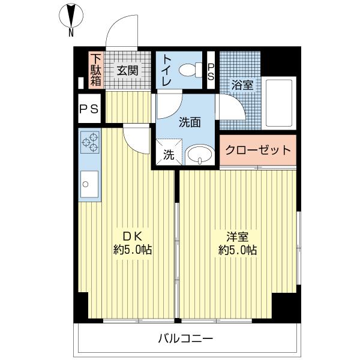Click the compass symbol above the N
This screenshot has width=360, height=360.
point(71,16)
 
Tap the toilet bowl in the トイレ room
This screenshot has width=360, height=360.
point(191,70)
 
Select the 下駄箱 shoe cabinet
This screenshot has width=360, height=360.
point(95,70)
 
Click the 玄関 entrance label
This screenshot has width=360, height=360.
point(127,70)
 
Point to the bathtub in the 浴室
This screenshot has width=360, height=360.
point(279,103)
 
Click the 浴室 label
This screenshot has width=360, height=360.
point(242,85)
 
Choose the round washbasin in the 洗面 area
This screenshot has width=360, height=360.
point(200,155)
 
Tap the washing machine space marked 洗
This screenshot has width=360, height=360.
point(169,152)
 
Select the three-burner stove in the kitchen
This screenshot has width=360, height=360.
point(90,142)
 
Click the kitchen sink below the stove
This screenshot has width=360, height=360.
point(89,184)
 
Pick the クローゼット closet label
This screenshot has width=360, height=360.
point(258,150)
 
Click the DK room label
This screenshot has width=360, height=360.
point(133,236)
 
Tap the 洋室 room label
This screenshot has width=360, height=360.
point(238,237)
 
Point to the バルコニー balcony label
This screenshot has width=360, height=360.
point(186,338)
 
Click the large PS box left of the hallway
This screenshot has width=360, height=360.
point(89,109)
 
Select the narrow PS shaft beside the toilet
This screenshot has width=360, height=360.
point(211,70)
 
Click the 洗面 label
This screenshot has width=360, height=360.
point(190,122)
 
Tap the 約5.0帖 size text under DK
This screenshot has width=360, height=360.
point(133,250)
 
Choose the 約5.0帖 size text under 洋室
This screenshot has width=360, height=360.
point(238,250)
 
